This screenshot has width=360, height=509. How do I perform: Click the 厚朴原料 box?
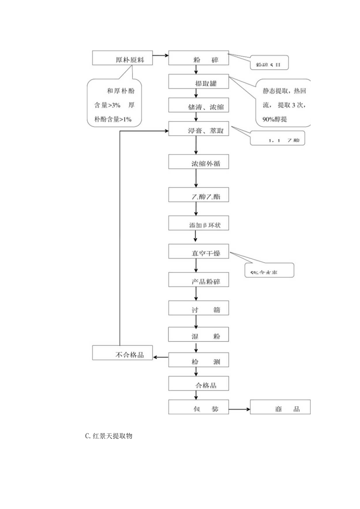click(122, 58)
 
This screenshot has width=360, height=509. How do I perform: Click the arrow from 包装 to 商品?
click(239, 409)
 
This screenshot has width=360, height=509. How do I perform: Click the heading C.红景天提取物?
click(108, 435)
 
